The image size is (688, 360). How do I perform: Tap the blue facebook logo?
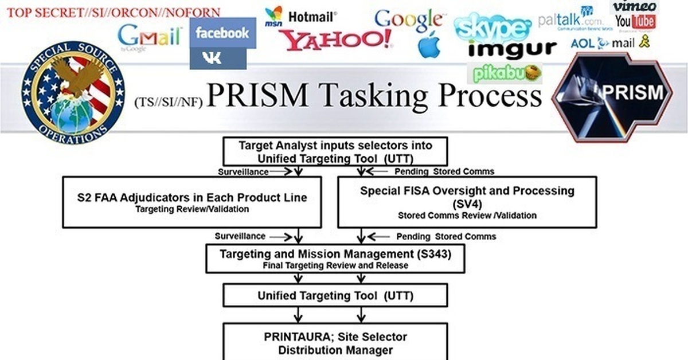click(x=222, y=33)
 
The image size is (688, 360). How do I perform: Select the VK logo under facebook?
click(x=218, y=58)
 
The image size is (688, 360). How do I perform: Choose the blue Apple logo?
click(x=429, y=45)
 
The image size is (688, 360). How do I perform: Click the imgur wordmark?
click(x=512, y=49)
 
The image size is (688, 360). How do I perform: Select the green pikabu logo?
click(x=505, y=73)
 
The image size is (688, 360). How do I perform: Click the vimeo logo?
click(x=634, y=6)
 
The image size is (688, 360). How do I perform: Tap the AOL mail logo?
click(x=609, y=42)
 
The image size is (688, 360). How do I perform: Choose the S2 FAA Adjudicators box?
click(x=191, y=202)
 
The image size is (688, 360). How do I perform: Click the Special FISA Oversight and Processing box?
click(x=467, y=202)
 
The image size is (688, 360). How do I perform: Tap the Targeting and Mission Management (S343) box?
click(x=335, y=259)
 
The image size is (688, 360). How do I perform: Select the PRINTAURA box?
click(x=335, y=342)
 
